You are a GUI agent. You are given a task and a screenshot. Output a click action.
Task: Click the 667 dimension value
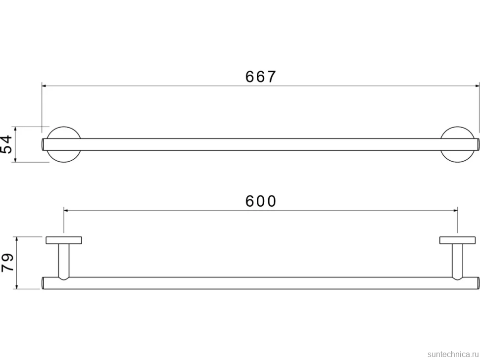(260, 77)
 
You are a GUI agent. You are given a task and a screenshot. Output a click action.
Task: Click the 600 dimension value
(261, 201)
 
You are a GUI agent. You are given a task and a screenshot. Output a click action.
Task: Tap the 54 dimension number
(6, 144)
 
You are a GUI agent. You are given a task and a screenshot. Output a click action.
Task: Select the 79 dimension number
(7, 262)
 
